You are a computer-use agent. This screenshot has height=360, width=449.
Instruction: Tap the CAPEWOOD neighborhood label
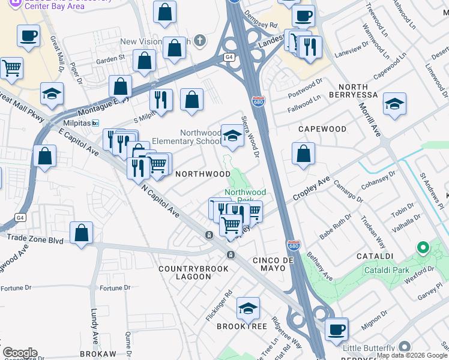(x=322, y=129)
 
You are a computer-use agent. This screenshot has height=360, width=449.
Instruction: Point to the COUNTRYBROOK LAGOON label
(x=193, y=272)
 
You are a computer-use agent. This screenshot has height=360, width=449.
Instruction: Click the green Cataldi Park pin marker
(x=423, y=247)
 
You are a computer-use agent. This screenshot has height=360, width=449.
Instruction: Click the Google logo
(x=19, y=353)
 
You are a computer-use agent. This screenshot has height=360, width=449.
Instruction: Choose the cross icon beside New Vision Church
(x=200, y=41)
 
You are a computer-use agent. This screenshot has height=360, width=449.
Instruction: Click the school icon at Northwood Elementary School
(x=232, y=136)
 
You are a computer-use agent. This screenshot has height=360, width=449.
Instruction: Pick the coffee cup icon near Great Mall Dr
(x=29, y=36)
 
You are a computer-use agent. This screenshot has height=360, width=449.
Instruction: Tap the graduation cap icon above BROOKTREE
(x=247, y=308)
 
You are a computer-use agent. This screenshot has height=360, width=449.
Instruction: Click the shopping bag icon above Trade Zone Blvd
(x=81, y=233)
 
